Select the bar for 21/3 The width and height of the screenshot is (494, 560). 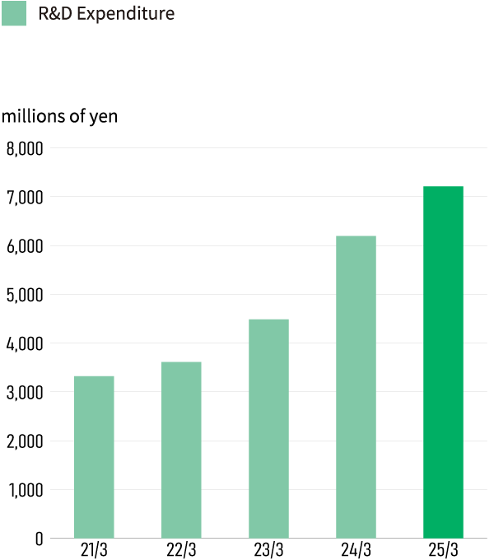point(94,457)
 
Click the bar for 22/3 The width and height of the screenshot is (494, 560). point(181,450)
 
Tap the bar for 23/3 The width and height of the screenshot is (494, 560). point(268,428)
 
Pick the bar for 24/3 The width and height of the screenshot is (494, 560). point(356,387)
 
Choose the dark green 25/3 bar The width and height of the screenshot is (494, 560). point(443,362)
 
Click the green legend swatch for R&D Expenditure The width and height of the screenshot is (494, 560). point(13,13)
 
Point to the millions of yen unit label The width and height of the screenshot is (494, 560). point(60,116)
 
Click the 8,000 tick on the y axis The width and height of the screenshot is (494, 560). point(24,149)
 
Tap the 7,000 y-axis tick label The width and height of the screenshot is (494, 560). point(24,198)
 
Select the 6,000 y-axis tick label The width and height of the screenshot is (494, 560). point(24,246)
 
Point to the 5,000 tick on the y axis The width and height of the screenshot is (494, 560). point(24,295)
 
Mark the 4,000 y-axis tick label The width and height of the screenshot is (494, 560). point(24,343)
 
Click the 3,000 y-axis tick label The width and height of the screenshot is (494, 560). point(24,392)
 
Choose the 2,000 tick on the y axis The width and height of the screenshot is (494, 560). point(24,441)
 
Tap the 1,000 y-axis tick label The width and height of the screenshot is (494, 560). point(24,490)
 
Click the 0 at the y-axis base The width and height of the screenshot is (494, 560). point(39,539)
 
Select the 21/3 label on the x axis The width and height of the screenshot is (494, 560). point(94,550)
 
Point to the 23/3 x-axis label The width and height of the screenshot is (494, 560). point(268,550)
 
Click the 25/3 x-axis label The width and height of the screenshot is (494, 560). point(443,550)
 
